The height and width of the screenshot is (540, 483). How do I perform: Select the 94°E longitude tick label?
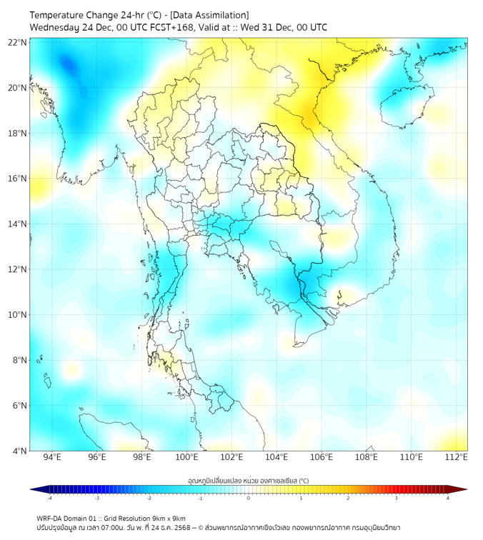[x=52, y=457]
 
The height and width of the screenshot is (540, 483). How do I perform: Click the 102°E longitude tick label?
[x=231, y=457]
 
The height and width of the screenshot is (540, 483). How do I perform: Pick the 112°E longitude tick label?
[x=456, y=457]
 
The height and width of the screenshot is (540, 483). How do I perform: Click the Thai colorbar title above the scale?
[x=248, y=480]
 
